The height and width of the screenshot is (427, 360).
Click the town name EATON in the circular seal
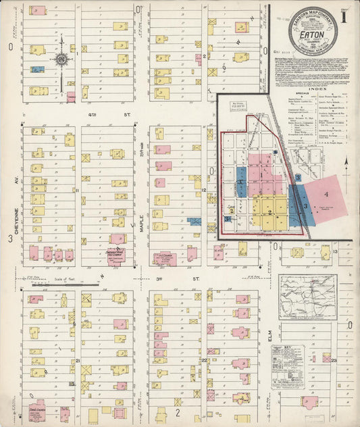tap(312, 33)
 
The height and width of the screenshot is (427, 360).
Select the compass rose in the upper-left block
tap(61, 61)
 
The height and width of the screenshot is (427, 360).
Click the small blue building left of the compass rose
tap(38, 69)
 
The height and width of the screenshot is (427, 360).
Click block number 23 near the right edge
tap(334, 361)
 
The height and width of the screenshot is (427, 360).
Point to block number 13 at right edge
tap(335, 251)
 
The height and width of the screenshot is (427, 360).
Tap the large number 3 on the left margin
tap(10, 238)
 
